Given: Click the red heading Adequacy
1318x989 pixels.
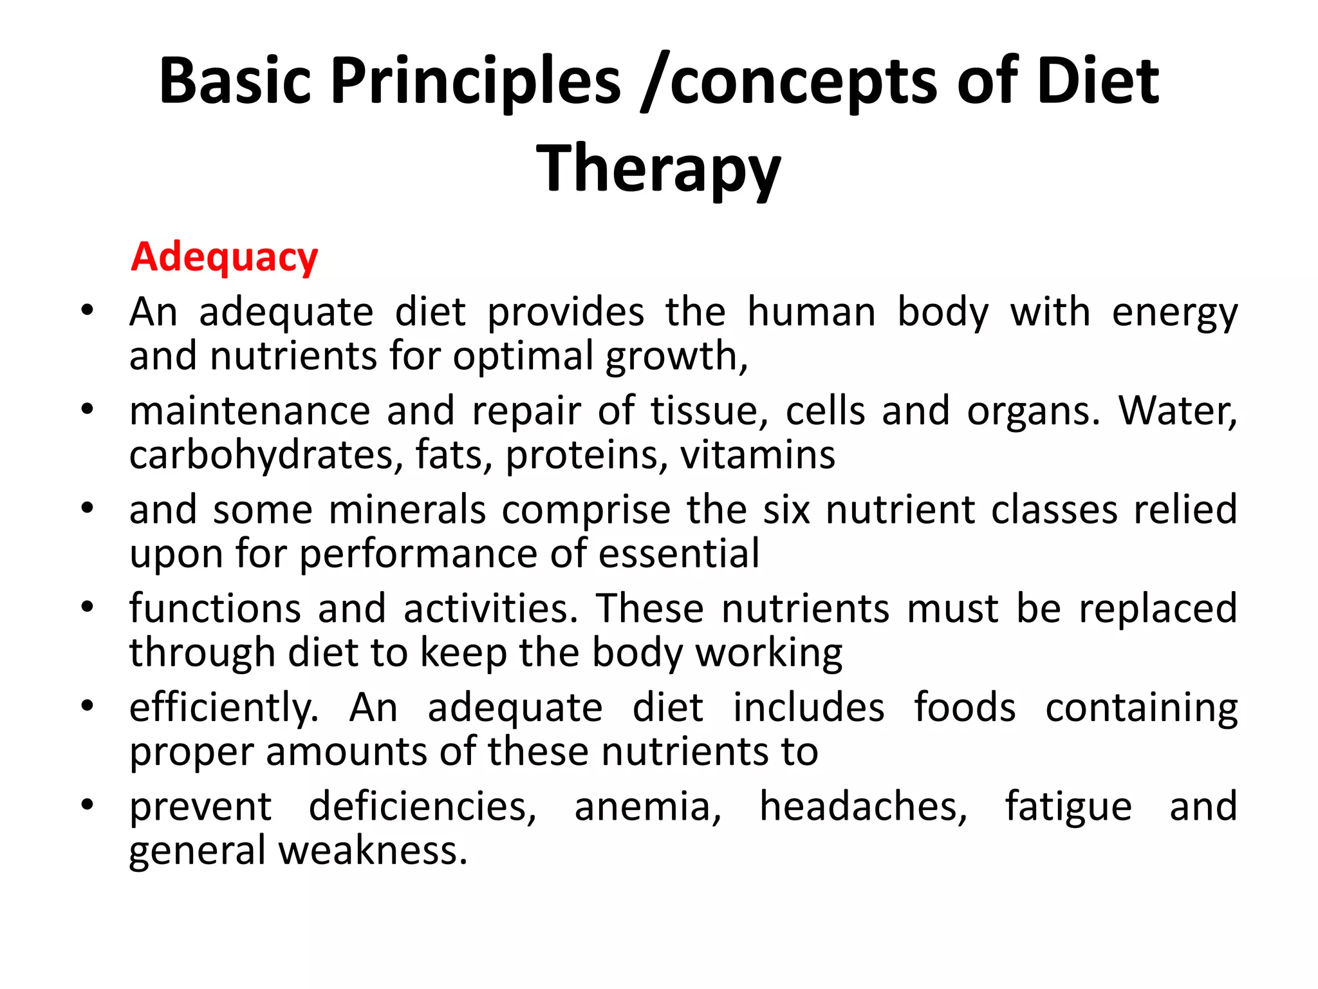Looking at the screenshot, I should pyautogui.click(x=224, y=258).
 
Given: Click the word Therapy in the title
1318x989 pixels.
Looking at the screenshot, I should pyautogui.click(x=658, y=169).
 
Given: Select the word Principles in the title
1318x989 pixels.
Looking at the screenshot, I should pyautogui.click(x=476, y=81).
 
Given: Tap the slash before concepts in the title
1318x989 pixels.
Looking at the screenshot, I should pyautogui.click(x=655, y=82).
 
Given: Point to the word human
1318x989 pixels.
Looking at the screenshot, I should pyautogui.click(x=812, y=313).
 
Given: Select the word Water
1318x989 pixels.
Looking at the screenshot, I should pyautogui.click(x=1177, y=411).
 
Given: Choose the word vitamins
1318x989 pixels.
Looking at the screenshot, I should pyautogui.click(x=757, y=455).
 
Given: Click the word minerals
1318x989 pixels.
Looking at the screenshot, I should pyautogui.click(x=407, y=510).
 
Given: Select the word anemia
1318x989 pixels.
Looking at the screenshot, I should pyautogui.click(x=647, y=807).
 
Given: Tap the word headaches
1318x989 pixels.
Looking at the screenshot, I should pyautogui.click(x=864, y=807).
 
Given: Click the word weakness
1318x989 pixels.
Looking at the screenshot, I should pyautogui.click(x=373, y=851).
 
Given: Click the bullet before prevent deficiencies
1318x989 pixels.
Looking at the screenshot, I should pyautogui.click(x=88, y=805).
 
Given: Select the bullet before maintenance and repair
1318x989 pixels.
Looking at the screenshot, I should pyautogui.click(x=88, y=409).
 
